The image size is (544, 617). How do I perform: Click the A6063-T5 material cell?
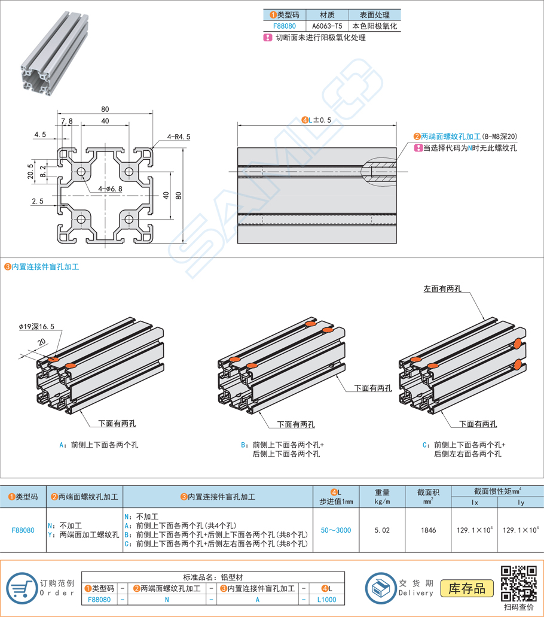point(327,26)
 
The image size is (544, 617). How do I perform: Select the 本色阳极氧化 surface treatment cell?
point(375,26)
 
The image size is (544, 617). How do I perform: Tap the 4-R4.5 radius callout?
point(179,136)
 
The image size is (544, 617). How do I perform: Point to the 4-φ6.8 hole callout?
point(110,189)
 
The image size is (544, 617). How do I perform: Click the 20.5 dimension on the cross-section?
point(31,171)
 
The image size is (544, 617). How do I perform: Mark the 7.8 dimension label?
point(67,121)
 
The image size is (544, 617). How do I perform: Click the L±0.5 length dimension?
point(317,120)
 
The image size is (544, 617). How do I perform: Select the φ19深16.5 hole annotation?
point(36,327)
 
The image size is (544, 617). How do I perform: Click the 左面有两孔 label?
point(442,288)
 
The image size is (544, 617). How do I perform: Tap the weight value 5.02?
point(382,530)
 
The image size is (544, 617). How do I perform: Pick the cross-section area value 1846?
point(429,530)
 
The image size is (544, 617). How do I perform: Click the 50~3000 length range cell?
point(336,530)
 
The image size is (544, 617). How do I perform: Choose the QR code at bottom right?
point(518,583)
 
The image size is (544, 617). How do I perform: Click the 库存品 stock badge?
point(467,588)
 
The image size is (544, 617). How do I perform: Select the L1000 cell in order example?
point(326,599)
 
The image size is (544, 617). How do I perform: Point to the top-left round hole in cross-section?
point(81,172)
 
